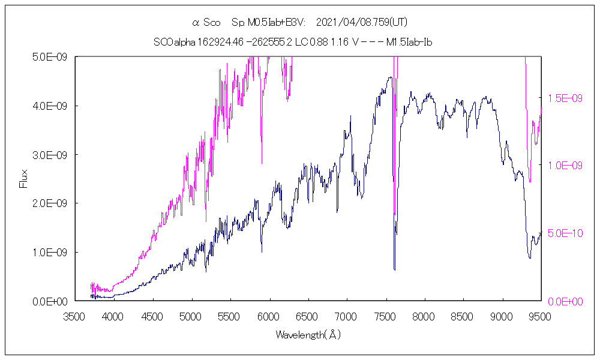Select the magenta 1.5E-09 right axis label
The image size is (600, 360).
pyautogui.click(x=564, y=98)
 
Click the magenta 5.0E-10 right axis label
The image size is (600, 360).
pyautogui.click(x=564, y=233)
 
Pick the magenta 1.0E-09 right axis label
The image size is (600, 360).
pyautogui.click(x=564, y=165)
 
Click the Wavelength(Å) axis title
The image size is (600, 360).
pyautogui.click(x=308, y=335)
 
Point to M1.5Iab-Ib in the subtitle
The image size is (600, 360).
pyautogui.click(x=410, y=42)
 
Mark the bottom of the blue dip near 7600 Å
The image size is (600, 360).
pyautogui.click(x=394, y=269)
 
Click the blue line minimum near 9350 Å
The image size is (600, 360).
pyautogui.click(x=529, y=258)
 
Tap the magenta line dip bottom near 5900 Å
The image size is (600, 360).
pyautogui.click(x=262, y=162)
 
